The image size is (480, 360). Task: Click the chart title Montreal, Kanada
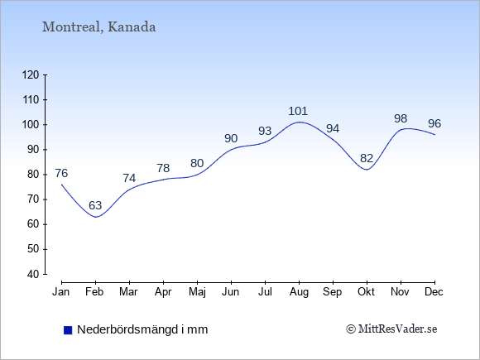[x=98, y=27]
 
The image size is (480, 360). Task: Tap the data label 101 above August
[x=298, y=111]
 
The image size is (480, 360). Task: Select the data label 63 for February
[x=95, y=205]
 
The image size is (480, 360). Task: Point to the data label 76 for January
[x=61, y=173]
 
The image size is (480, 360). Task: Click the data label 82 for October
[x=367, y=158]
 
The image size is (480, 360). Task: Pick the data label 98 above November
[x=401, y=118]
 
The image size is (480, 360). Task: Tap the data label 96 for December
[x=434, y=123]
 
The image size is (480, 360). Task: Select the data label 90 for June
[x=231, y=139]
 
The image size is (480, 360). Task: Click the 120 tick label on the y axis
[x=31, y=74]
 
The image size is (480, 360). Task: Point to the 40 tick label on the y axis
[x=34, y=274]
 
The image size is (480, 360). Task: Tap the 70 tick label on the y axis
[x=34, y=199]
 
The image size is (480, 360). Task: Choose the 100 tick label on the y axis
[x=31, y=125]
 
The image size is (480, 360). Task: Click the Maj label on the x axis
[x=197, y=292]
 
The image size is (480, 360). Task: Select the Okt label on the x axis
[x=366, y=292]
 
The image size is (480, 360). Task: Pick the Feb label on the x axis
[x=94, y=292]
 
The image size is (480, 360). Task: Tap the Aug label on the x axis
[x=299, y=292]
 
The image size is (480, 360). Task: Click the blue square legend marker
[x=68, y=330]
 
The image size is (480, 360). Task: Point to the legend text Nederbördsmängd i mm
[x=142, y=329]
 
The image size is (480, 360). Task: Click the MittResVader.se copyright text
[x=391, y=329]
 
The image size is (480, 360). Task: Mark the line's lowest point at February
[x=96, y=217]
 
